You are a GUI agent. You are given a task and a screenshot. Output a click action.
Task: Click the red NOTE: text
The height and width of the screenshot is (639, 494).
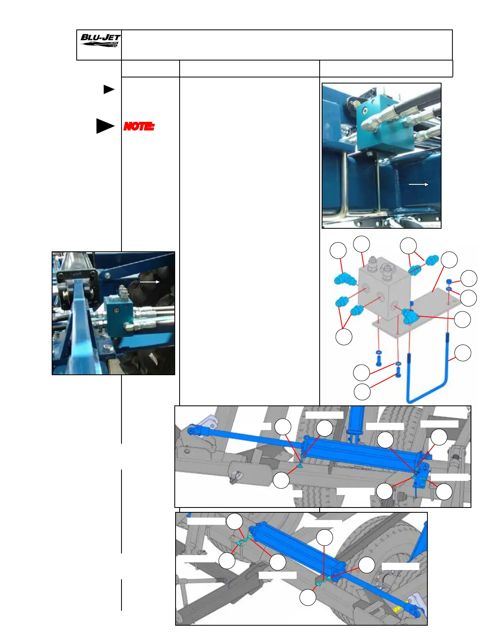tap(138, 127)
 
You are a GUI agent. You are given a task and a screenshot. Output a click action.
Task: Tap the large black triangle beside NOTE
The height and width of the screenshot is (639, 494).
tap(105, 126)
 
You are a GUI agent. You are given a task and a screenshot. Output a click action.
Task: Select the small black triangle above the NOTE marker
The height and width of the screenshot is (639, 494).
tap(109, 90)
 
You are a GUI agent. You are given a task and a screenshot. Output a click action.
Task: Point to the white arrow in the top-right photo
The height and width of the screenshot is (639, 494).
tap(419, 184)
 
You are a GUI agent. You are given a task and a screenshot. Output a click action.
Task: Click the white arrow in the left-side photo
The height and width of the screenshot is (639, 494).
tap(149, 282)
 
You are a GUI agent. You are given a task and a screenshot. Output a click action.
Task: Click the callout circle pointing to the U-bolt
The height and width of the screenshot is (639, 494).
tap(463, 353)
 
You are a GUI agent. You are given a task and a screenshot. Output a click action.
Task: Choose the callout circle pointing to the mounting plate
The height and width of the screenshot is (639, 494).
tap(449, 260)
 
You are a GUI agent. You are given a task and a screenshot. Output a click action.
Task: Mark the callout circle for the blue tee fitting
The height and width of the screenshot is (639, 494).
tap(463, 319)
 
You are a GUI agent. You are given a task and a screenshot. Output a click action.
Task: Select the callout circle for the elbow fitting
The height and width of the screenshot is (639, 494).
tap(338, 251)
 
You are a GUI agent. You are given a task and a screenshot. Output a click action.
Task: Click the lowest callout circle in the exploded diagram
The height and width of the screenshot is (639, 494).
tap(362, 392)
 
